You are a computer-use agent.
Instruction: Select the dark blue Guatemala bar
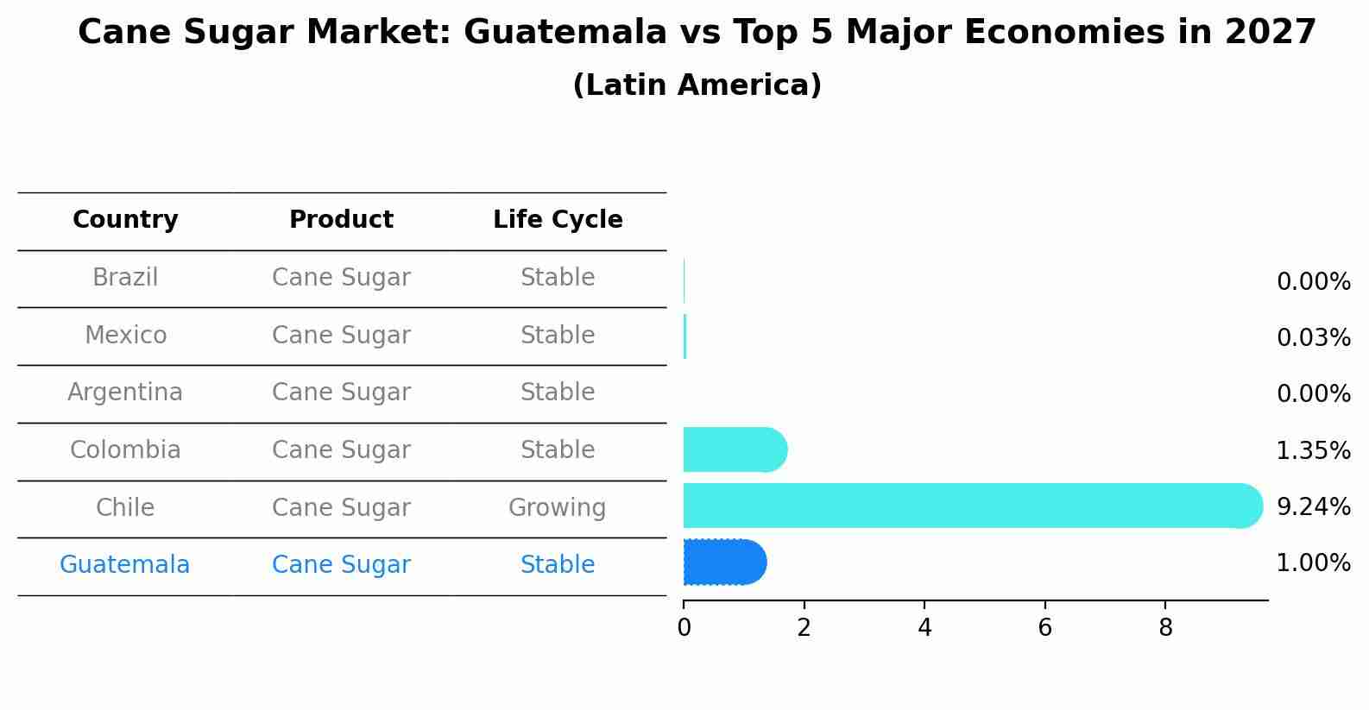click(724, 562)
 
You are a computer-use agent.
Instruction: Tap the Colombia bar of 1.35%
click(735, 449)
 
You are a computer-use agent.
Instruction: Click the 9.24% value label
click(1313, 507)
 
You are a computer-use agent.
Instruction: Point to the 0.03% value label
click(1313, 338)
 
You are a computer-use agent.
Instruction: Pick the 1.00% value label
click(1313, 563)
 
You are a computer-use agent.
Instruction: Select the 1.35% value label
click(1313, 451)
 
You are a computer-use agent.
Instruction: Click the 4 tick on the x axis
click(924, 628)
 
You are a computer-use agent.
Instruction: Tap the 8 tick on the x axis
click(1165, 628)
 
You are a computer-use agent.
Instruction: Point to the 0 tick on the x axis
click(684, 628)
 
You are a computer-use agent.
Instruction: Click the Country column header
click(125, 220)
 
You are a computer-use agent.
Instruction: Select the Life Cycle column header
click(558, 220)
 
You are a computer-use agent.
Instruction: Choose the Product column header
click(341, 220)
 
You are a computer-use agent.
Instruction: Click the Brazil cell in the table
click(125, 278)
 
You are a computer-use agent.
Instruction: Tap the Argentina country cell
click(125, 393)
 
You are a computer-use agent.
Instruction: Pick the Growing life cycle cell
click(557, 508)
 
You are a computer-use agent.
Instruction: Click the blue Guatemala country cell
click(125, 565)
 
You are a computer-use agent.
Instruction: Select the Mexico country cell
click(125, 336)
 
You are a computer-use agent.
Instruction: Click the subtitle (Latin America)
click(697, 85)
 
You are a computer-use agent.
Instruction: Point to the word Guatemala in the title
click(565, 33)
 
